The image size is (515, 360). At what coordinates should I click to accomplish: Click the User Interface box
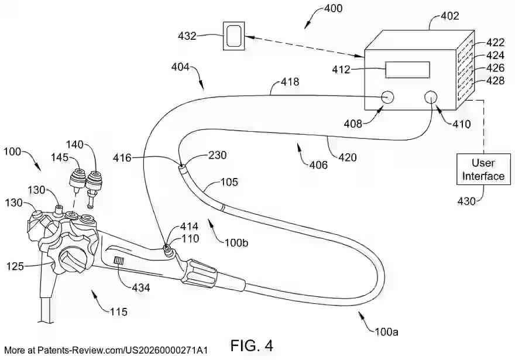[x=483, y=169]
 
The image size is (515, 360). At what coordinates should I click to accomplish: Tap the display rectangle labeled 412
[x=408, y=70]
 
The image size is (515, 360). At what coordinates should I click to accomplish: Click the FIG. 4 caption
[x=252, y=345]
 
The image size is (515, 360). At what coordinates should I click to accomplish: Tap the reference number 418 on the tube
[x=289, y=82]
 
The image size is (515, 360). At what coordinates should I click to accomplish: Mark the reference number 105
[x=229, y=182]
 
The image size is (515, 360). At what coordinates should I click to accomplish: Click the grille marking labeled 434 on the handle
[x=119, y=260]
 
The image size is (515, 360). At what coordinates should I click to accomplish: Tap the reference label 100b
[x=236, y=241]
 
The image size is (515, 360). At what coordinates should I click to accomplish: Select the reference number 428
[x=495, y=81]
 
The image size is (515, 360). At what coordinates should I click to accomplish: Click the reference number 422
[x=495, y=43]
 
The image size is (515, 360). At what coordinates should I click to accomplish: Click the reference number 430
[x=467, y=201]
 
